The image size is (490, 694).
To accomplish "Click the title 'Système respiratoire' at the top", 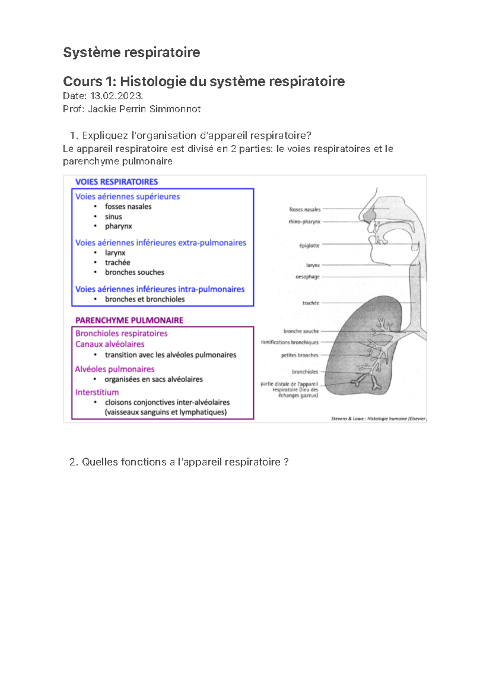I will (x=131, y=52).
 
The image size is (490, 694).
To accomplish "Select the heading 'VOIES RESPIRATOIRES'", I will (x=116, y=182).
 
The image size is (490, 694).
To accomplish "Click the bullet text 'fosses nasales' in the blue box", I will (x=128, y=207).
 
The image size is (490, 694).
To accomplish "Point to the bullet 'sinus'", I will (x=113, y=217).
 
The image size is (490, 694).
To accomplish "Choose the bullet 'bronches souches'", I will (x=134, y=272).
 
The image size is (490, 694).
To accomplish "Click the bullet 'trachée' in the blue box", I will (x=117, y=262).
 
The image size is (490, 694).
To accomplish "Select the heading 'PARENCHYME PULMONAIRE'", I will (x=129, y=320).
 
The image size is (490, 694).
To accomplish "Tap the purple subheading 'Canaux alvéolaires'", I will (x=109, y=344).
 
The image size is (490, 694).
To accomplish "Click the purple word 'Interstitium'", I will (x=97, y=392).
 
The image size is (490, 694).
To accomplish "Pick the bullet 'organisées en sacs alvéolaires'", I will (x=154, y=379).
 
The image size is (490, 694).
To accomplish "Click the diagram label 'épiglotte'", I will (x=309, y=246).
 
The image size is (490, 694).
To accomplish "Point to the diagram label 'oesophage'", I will (x=307, y=277).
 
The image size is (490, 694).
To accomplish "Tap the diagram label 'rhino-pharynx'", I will (x=304, y=222).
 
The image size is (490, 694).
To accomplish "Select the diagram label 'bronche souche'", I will (x=301, y=331).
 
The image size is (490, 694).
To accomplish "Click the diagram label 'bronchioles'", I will (x=305, y=372).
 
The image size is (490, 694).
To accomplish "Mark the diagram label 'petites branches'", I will (x=299, y=356).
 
